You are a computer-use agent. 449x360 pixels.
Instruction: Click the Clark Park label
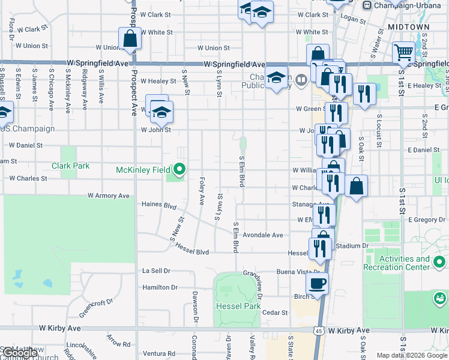click(70, 166)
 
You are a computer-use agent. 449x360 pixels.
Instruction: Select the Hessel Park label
click(238, 306)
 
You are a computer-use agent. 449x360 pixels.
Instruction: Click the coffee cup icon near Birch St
click(317, 282)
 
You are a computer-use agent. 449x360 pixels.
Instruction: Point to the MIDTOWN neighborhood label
click(409, 28)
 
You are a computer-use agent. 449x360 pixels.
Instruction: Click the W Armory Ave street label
click(109, 196)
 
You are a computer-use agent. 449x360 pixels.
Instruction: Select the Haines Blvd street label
click(158, 205)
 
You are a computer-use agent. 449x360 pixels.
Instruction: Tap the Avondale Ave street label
click(262, 235)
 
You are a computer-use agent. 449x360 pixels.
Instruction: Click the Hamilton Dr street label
click(160, 287)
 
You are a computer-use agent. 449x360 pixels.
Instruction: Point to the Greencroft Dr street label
click(95, 308)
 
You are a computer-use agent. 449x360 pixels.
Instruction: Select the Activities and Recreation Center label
click(397, 263)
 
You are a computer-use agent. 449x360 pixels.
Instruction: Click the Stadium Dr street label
click(352, 246)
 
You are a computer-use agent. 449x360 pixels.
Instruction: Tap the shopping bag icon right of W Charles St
click(357, 188)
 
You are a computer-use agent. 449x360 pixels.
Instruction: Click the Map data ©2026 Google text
click(412, 355)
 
